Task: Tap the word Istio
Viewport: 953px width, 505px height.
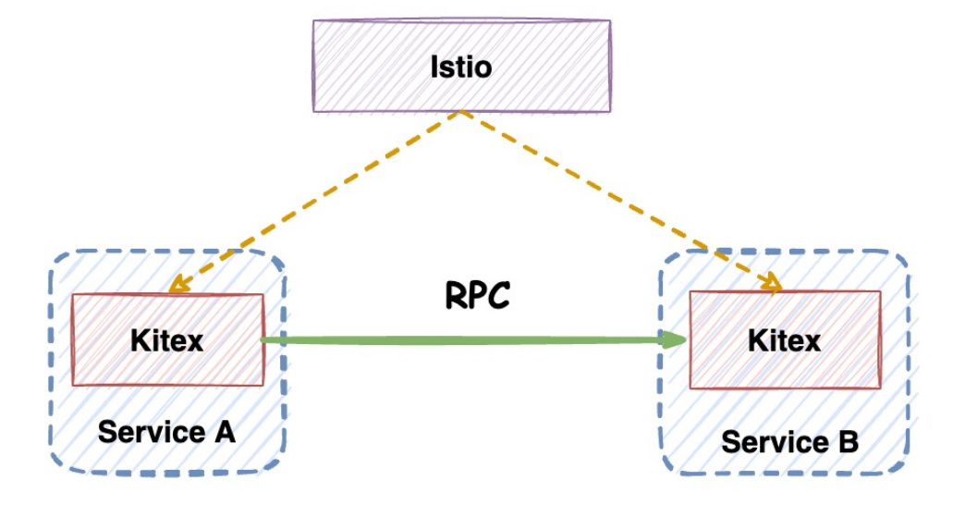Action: (461, 67)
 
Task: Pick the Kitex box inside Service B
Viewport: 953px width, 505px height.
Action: (786, 339)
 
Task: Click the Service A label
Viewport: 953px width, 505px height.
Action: (167, 431)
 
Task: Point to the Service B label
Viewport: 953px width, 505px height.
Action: (789, 441)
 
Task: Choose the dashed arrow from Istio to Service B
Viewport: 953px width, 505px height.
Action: (619, 200)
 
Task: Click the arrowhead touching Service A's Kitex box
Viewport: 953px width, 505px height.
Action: (177, 286)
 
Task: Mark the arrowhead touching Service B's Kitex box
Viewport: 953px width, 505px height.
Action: (773, 284)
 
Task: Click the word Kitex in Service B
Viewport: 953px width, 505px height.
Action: (785, 340)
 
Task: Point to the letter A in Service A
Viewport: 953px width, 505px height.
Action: (224, 431)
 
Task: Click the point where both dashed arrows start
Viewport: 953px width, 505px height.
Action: (462, 114)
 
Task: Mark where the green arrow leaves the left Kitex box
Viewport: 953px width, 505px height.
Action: (266, 340)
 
